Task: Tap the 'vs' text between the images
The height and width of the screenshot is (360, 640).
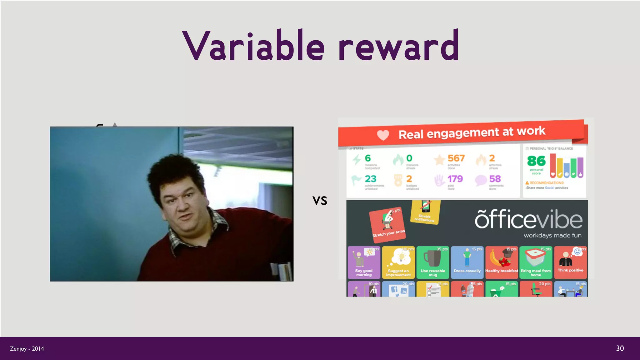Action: click(x=320, y=201)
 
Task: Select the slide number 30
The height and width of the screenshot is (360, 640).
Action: click(x=620, y=348)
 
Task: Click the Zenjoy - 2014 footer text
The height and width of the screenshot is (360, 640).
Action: click(x=27, y=349)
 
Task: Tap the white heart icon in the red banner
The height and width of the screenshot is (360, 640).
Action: click(x=383, y=135)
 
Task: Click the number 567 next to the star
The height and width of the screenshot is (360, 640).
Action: click(x=456, y=158)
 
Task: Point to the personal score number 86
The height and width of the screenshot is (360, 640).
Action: click(x=536, y=161)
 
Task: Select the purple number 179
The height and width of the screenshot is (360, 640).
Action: click(x=455, y=179)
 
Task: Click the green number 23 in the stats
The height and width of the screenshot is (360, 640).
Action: click(x=371, y=179)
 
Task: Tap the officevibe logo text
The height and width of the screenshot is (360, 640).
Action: click(x=528, y=220)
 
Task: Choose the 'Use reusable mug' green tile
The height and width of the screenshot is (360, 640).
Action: click(x=433, y=262)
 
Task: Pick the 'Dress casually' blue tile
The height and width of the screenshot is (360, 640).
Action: click(x=467, y=262)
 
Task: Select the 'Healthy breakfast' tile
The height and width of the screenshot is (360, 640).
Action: click(x=502, y=262)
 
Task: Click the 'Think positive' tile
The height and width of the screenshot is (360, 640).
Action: click(x=570, y=262)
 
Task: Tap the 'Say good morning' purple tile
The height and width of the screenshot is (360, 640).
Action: click(x=364, y=262)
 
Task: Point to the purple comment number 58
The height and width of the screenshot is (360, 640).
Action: click(x=495, y=179)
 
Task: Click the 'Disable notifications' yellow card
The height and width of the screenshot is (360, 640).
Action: click(x=425, y=212)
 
